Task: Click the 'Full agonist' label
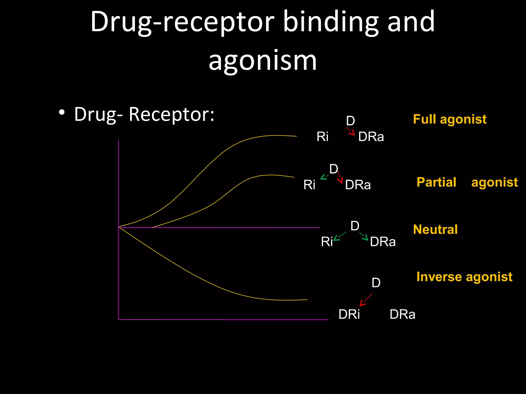tap(449, 119)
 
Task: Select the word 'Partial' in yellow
tap(436, 182)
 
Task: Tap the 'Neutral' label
tap(435, 229)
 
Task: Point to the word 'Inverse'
tap(439, 277)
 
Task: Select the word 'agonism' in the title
tap(262, 61)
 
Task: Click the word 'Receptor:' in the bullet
tap(171, 114)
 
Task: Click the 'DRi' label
tap(349, 314)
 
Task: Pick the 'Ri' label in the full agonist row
tap(322, 136)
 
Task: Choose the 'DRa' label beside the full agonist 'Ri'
tap(371, 137)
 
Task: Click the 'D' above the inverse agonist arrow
tap(376, 283)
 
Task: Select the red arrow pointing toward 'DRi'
tap(366, 300)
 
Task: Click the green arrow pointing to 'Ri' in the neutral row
tap(340, 236)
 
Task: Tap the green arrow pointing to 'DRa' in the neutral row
tap(364, 236)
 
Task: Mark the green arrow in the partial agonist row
tap(324, 177)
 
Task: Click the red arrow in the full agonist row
tap(351, 131)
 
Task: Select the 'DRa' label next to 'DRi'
tap(402, 314)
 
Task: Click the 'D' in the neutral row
tap(355, 226)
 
